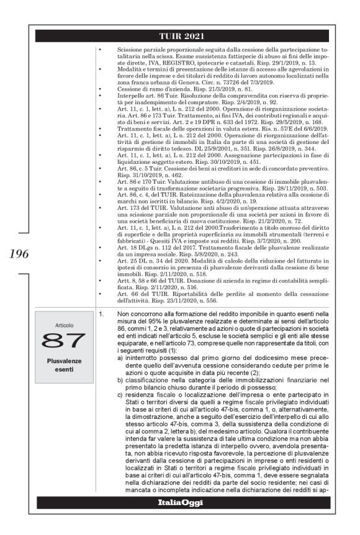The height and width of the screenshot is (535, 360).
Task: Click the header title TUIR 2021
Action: pos(181,37)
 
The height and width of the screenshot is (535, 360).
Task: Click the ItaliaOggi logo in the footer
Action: pos(180,502)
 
